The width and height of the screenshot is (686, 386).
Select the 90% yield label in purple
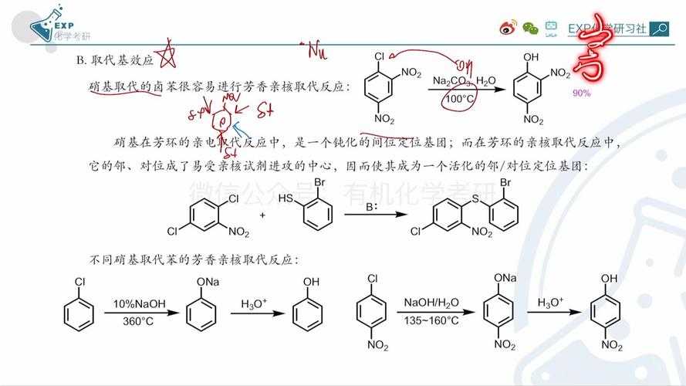[x=581, y=93]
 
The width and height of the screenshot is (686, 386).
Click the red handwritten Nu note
[x=314, y=51]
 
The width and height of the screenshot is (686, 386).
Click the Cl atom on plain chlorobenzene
[x=75, y=283]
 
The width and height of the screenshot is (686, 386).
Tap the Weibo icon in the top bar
[x=506, y=29]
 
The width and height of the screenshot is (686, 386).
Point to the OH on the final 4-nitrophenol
[x=609, y=278]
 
